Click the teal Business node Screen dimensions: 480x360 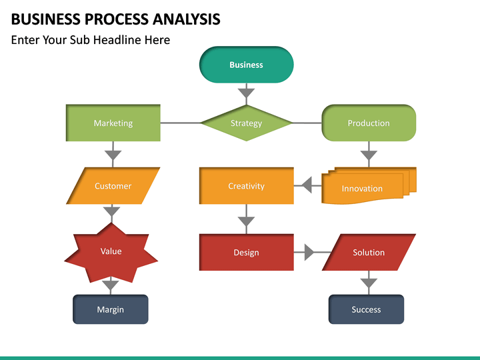(247, 65)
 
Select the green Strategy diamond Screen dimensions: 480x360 (247, 123)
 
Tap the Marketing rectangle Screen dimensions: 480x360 (113, 123)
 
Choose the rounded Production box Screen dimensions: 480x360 (369, 123)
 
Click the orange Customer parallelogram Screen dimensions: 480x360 (113, 186)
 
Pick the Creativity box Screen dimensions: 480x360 (247, 186)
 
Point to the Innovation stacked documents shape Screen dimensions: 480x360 (369, 185)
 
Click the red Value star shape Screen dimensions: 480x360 (111, 253)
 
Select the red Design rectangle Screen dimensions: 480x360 (247, 252)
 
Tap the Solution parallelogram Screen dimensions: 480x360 (369, 252)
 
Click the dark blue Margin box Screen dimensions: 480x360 (111, 309)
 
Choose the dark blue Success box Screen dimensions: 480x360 (366, 309)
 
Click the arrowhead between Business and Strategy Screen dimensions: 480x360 (247, 93)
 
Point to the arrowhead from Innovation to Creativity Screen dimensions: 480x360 (307, 185)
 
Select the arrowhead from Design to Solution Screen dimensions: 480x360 (309, 252)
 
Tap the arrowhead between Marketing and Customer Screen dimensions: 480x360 (113, 155)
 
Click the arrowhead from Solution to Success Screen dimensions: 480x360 (369, 283)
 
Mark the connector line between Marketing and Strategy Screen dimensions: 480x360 (180, 123)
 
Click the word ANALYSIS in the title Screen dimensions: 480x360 (186, 19)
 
